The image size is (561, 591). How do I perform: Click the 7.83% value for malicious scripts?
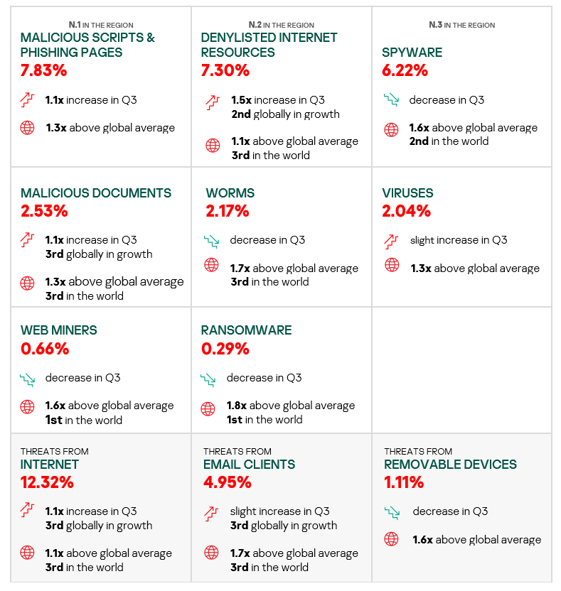pos(43,70)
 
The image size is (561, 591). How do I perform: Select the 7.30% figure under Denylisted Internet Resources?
pos(225,70)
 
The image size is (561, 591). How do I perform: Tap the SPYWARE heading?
pos(412,53)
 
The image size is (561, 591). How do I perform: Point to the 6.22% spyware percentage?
pos(405,70)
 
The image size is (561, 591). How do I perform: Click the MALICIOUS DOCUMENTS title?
pos(96,193)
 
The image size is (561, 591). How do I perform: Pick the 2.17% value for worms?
pos(227,211)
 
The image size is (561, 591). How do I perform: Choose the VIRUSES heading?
pos(407,193)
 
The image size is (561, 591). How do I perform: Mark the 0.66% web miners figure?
pos(44,349)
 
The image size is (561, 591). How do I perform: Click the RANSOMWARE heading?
pos(246,330)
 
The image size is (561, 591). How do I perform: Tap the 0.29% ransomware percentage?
pos(225,349)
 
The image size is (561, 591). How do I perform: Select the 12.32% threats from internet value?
pos(47,483)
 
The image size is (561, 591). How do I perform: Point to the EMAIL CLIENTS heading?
pos(249,465)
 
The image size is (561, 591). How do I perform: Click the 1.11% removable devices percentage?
pos(404,483)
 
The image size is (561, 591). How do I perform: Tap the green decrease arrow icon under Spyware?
pos(390,100)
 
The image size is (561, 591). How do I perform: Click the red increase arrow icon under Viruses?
pos(391,240)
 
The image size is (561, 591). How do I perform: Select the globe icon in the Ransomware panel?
pos(208,408)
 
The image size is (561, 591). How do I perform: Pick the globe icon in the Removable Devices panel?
pos(391,539)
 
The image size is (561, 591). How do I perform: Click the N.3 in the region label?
pos(461,25)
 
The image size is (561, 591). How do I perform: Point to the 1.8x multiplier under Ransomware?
pos(236,406)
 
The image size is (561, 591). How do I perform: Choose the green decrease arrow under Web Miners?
pos(27,379)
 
